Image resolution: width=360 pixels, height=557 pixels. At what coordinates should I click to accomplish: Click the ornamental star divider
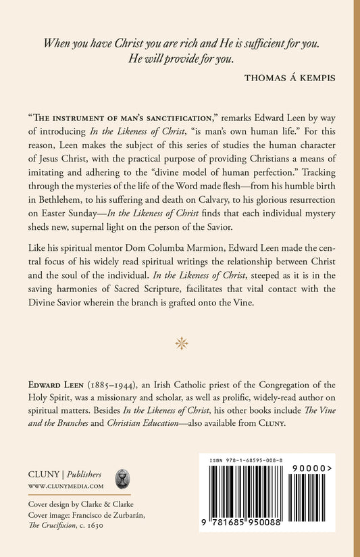[180, 343]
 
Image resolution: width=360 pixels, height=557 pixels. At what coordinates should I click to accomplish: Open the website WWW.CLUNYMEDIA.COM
[65, 485]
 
